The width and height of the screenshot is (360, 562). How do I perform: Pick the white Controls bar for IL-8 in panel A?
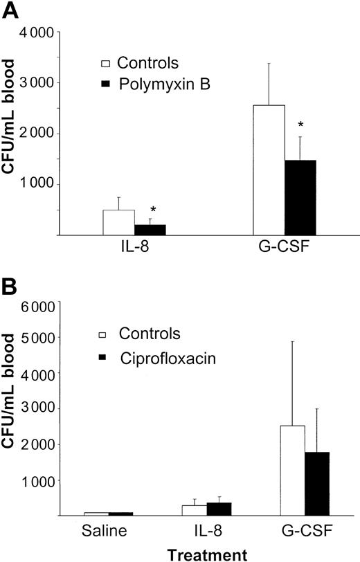coord(118,222)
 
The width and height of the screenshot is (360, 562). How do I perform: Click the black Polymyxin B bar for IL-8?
coord(150,230)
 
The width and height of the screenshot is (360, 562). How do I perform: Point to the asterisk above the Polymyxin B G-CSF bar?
coord(300,125)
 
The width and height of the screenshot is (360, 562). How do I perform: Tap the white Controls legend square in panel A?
coord(105,64)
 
